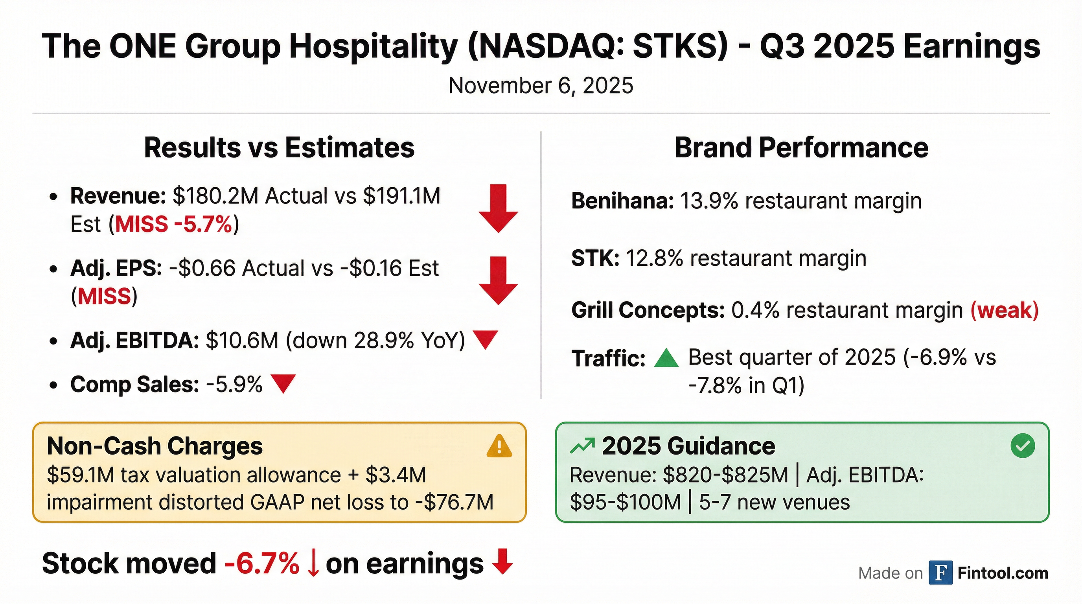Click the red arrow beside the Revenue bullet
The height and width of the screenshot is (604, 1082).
point(498,209)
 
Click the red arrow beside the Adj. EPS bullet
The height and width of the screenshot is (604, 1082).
point(498,281)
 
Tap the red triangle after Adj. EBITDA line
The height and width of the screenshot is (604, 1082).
point(485,339)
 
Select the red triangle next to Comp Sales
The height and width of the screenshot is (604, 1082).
point(283,383)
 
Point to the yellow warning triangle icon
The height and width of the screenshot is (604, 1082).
point(499,446)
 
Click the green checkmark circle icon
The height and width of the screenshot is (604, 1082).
point(1023,446)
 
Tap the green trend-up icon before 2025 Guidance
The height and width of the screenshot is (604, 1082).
point(582,446)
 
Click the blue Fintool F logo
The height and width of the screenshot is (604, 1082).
point(940,573)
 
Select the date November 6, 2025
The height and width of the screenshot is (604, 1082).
point(541,86)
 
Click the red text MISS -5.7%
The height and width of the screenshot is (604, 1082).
point(173,224)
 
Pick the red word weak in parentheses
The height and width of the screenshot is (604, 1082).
point(1004,311)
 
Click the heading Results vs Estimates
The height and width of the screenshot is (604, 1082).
point(279,148)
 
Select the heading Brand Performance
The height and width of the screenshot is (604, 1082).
point(801,148)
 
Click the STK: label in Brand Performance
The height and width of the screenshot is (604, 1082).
point(595,258)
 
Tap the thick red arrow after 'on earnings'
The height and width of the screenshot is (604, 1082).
point(502,562)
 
